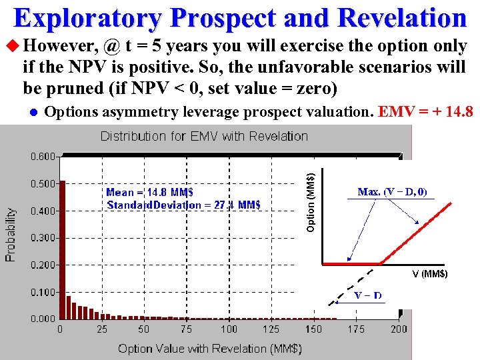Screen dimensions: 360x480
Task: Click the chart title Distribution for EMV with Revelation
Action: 204,137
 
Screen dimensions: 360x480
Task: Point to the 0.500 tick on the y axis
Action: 42,184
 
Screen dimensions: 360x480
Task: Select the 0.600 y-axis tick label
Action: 42,157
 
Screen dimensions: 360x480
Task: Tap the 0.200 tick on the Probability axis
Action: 42,265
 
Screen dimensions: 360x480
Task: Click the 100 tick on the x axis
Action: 229,329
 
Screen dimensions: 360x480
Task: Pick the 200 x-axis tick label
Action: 399,329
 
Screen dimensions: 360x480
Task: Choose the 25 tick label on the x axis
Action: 102,329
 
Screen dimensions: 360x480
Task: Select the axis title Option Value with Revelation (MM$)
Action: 210,348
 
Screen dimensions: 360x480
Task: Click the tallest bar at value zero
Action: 63,250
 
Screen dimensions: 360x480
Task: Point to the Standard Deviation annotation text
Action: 183,205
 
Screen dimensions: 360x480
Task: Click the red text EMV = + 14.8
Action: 425,111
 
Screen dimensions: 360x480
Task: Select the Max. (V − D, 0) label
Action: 392,192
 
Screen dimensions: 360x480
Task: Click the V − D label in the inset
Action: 368,295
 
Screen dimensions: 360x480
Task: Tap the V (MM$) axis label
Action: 429,274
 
